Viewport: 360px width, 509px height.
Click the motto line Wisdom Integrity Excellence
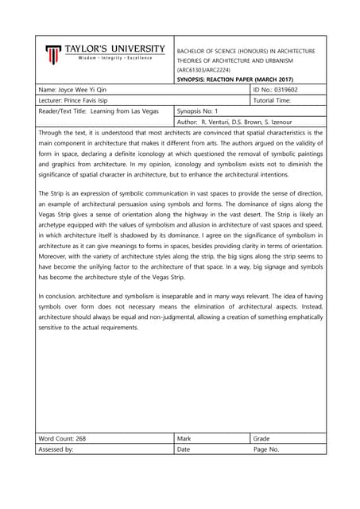point(114,58)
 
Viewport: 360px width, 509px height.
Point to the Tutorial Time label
point(273,101)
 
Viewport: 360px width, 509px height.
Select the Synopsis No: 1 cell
point(200,111)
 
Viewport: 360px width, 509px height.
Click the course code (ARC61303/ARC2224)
point(203,70)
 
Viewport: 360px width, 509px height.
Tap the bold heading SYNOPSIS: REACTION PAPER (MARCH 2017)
point(234,80)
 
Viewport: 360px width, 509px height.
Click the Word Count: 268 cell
point(62,438)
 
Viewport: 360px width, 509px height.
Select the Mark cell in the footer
point(184,438)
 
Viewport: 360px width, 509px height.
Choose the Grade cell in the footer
point(261,438)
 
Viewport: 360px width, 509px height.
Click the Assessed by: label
point(56,449)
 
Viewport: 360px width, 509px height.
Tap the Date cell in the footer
point(184,449)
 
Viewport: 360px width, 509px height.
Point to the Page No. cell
point(266,449)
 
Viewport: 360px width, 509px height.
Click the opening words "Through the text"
point(63,132)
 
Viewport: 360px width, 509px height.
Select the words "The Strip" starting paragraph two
point(52,193)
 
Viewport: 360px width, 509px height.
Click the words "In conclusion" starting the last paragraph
point(60,296)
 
